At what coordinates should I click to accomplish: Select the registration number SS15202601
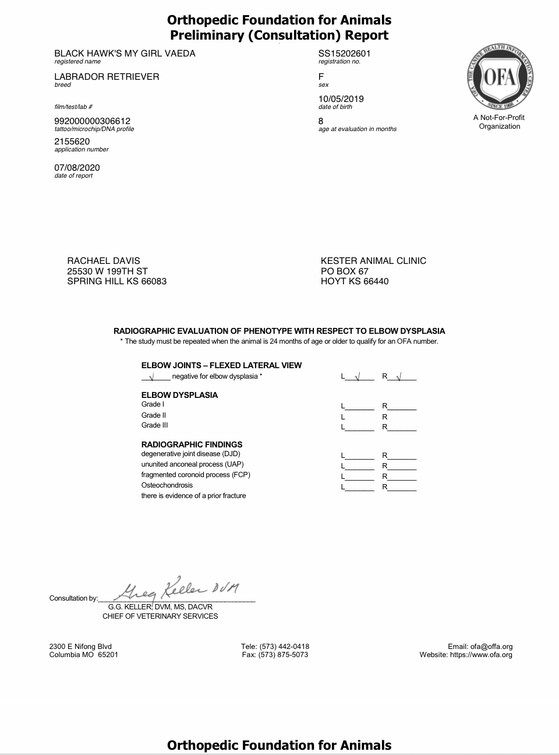344,54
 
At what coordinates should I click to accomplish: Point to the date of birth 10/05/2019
341,99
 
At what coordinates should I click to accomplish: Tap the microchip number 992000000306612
92,121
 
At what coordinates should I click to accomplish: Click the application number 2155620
72,142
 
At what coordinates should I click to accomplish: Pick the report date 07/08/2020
77,168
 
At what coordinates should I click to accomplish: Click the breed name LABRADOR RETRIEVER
107,77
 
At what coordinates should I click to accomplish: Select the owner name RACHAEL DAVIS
104,261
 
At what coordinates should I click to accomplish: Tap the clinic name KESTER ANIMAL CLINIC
373,261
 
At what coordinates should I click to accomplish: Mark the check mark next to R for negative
399,376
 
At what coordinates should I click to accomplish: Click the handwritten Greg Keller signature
181,590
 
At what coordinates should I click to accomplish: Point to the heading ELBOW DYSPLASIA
179,395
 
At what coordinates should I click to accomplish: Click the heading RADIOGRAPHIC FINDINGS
192,444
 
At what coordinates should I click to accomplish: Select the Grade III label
154,425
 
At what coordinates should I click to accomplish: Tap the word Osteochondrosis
167,485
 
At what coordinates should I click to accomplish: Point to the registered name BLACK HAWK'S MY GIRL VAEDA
125,54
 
